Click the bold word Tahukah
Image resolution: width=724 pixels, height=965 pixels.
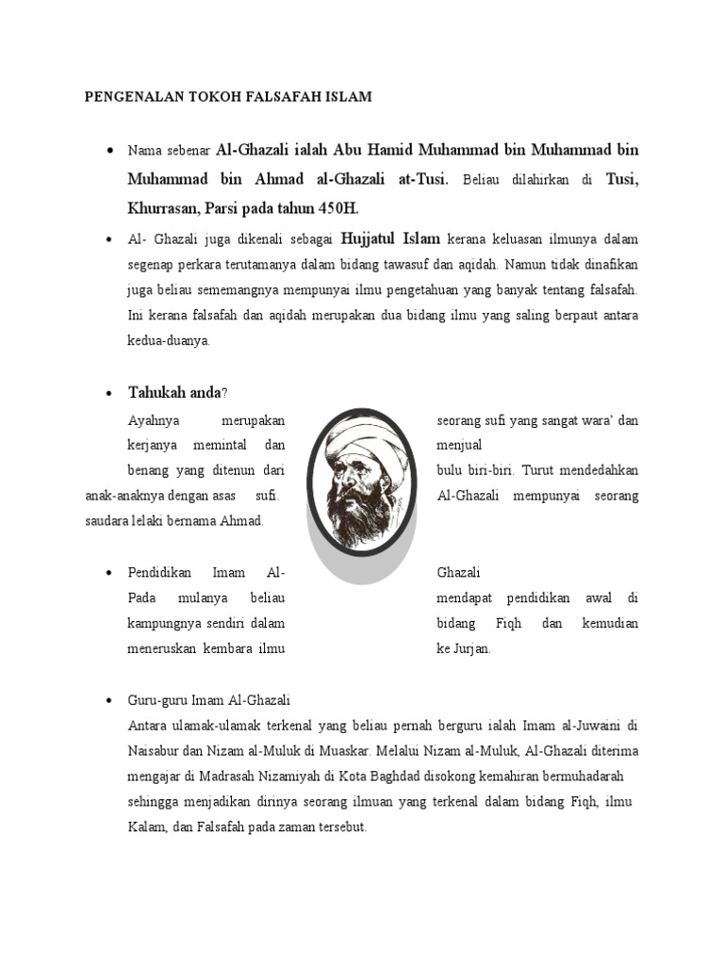(157, 392)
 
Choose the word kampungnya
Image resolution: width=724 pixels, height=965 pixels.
(162, 624)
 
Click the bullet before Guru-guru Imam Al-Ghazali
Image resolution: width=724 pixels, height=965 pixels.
(111, 701)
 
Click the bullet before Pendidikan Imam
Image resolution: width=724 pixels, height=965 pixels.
(111, 573)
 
